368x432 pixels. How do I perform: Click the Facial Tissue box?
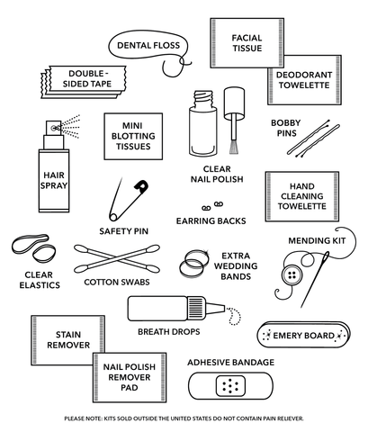point(246,41)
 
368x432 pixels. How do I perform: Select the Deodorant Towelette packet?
point(304,80)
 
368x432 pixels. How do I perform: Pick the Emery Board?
point(301,336)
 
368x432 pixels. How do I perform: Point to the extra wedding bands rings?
point(193,263)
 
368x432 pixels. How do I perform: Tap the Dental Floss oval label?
point(143,44)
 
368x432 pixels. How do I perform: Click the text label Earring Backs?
point(211,220)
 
